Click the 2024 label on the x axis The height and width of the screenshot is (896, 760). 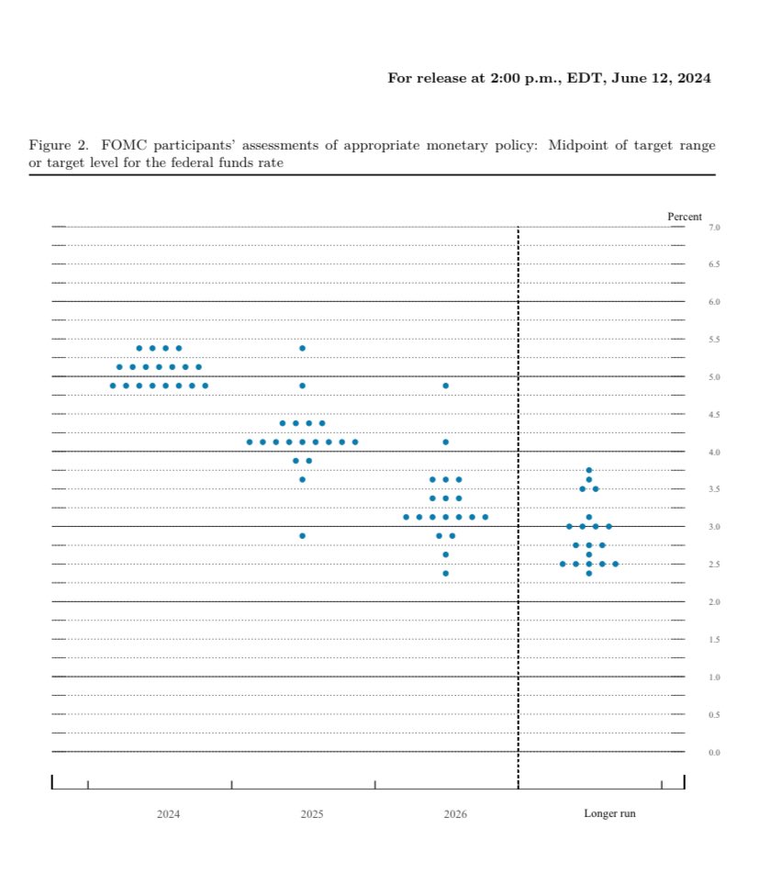(x=168, y=814)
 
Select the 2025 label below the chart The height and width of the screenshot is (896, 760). (x=312, y=814)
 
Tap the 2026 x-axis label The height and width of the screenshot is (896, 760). (x=454, y=814)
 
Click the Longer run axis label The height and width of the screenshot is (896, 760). (x=609, y=814)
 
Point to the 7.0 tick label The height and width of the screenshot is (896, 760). (x=714, y=227)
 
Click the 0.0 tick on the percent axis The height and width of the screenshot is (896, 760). (x=714, y=753)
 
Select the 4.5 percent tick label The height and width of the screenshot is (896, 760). (x=714, y=415)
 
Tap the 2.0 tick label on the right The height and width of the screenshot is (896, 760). (x=714, y=602)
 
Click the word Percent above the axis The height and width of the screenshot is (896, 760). (x=684, y=217)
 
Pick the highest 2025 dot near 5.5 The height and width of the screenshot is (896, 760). (x=302, y=349)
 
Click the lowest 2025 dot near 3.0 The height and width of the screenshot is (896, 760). (x=302, y=536)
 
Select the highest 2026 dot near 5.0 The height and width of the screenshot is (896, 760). (x=445, y=386)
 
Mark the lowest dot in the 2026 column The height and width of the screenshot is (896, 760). (x=445, y=574)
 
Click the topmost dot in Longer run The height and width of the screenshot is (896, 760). (x=588, y=471)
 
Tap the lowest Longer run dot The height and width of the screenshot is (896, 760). (x=588, y=574)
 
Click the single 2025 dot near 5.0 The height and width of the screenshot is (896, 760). (x=302, y=386)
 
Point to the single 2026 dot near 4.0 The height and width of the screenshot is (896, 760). (x=445, y=442)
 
